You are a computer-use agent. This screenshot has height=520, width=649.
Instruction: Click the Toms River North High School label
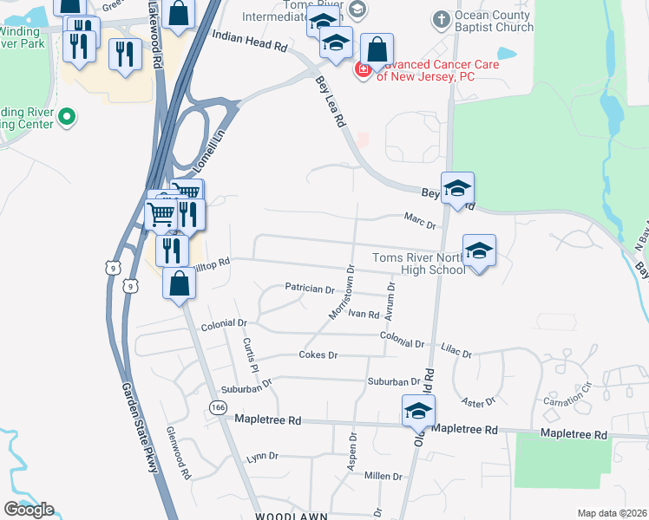pos(419,263)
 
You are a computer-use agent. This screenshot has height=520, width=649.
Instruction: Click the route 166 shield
pos(217,406)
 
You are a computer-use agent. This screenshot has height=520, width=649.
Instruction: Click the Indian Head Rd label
pos(249,42)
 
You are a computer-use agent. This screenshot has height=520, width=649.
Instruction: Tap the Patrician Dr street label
pos(310,289)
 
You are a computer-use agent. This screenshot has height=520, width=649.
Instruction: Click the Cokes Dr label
pos(318,355)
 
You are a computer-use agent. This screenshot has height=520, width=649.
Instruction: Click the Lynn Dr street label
pos(262,456)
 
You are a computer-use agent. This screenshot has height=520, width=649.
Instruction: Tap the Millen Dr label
pos(383,476)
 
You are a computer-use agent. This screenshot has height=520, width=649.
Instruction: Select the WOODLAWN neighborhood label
pos(292,516)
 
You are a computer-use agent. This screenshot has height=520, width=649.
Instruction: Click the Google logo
pos(29,510)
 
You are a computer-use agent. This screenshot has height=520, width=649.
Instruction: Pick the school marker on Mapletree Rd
pos(418,410)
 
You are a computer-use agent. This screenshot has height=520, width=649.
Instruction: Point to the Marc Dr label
pos(419,220)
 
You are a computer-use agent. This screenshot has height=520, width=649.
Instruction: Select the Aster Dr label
pos(478,400)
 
